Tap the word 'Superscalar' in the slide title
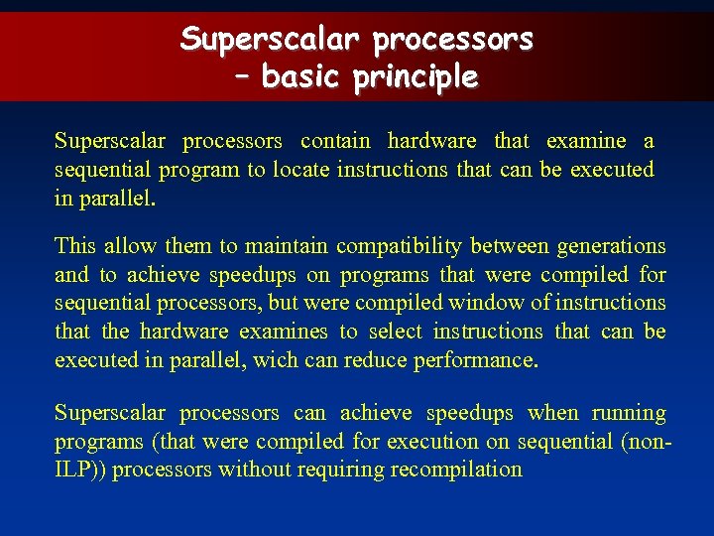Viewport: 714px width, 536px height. pyautogui.click(x=273, y=40)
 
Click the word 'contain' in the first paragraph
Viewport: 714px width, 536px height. pyautogui.click(x=335, y=141)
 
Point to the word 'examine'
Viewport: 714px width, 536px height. pyautogui.click(x=586, y=141)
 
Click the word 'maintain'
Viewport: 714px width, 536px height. pyautogui.click(x=287, y=246)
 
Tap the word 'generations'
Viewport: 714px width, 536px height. pyautogui.click(x=611, y=246)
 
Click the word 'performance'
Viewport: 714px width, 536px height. pyautogui.click(x=473, y=360)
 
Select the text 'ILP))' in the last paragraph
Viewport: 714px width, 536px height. pyautogui.click(x=81, y=469)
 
